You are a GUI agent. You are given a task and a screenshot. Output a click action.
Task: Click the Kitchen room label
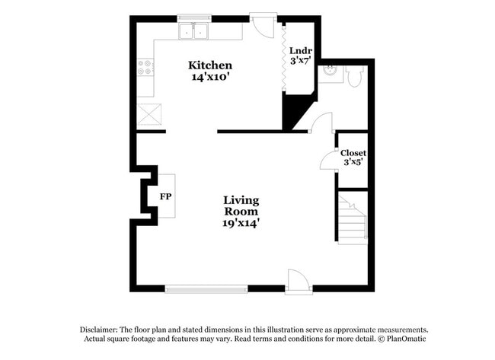(x=210, y=65)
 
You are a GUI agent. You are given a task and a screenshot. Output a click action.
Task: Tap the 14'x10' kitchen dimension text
(x=210, y=77)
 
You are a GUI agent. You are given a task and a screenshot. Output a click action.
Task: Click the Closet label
(x=353, y=153)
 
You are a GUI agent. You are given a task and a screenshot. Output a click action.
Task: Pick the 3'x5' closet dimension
(x=353, y=162)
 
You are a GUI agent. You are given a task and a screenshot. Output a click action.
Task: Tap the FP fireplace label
(x=164, y=196)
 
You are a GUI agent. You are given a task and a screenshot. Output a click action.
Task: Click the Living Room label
(x=241, y=205)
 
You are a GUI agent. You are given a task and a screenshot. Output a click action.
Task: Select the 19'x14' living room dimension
(x=241, y=223)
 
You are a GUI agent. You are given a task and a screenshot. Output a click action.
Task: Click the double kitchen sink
(x=195, y=31)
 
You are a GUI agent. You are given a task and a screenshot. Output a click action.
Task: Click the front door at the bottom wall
(x=298, y=282)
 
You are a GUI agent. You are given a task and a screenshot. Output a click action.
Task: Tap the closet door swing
(x=328, y=161)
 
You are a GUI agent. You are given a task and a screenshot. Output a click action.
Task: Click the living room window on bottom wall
(x=206, y=288)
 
